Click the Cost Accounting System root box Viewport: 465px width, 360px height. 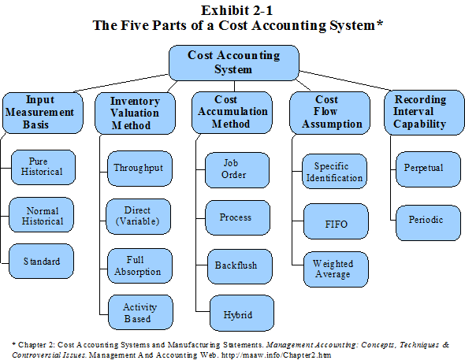pos(233,61)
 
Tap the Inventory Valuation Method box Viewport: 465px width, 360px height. pos(135,113)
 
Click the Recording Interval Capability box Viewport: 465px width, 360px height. pos(420,112)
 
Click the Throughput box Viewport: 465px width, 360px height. pos(138,168)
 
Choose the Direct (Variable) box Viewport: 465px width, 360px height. pos(138,216)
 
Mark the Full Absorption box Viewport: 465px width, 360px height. pos(138,265)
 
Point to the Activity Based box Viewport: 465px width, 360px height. pos(138,313)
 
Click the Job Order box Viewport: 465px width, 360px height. pos(236,169)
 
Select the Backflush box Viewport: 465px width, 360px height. pos(236,265)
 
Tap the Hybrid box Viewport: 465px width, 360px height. pos(236,314)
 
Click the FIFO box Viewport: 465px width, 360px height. pos(337,224)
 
